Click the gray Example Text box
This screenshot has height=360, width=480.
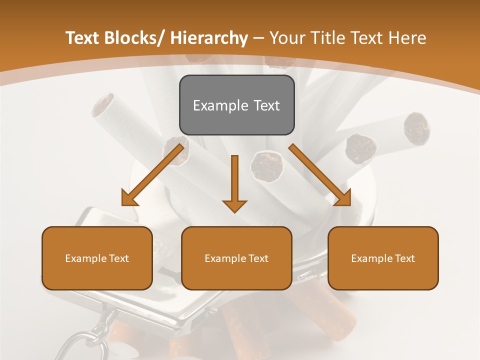pos(236,105)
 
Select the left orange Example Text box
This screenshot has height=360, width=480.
pos(97,258)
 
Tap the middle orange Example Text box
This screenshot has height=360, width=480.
pos(236,258)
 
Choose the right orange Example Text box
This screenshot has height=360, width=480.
pos(383,258)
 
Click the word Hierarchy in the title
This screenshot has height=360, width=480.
pos(209,38)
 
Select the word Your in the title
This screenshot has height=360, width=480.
pos(286,38)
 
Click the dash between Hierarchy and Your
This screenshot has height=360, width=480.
pos(258,38)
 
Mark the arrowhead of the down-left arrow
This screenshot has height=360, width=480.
pos(129,198)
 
